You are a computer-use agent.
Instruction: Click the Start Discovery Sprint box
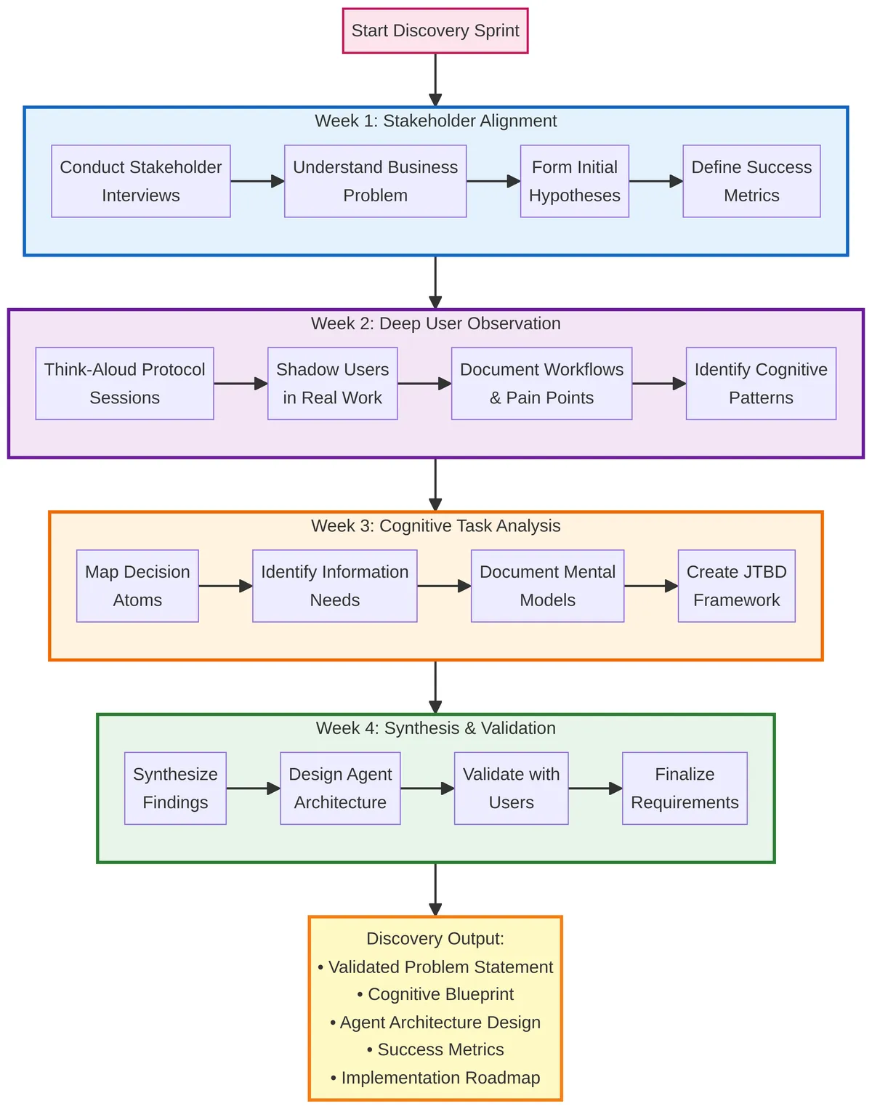point(435,31)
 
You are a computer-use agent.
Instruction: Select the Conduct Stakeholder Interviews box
point(141,181)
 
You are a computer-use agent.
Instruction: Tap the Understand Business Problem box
point(375,181)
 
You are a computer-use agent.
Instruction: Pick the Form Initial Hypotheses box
point(574,181)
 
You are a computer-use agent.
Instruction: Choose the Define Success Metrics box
point(751,181)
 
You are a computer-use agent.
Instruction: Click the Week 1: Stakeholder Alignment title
point(435,121)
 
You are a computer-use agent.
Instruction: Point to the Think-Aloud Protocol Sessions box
point(124,383)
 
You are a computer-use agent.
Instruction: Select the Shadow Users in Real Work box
point(332,383)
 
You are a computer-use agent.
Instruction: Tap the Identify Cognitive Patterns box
point(761,383)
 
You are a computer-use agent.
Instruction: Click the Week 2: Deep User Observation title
point(435,323)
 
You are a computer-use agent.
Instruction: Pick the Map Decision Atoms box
point(137,586)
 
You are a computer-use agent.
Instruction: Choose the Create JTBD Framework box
point(736,586)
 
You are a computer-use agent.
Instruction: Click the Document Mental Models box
point(547,586)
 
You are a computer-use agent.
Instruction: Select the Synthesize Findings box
point(175,788)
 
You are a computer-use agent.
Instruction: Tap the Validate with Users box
point(511,788)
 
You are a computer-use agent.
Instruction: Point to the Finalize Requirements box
point(685,788)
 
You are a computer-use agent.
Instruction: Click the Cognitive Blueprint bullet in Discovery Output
point(435,994)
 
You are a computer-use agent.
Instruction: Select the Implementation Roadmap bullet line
point(435,1078)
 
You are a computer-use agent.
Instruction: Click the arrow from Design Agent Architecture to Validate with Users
point(427,788)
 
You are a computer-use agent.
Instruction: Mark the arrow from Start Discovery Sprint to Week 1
point(435,79)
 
